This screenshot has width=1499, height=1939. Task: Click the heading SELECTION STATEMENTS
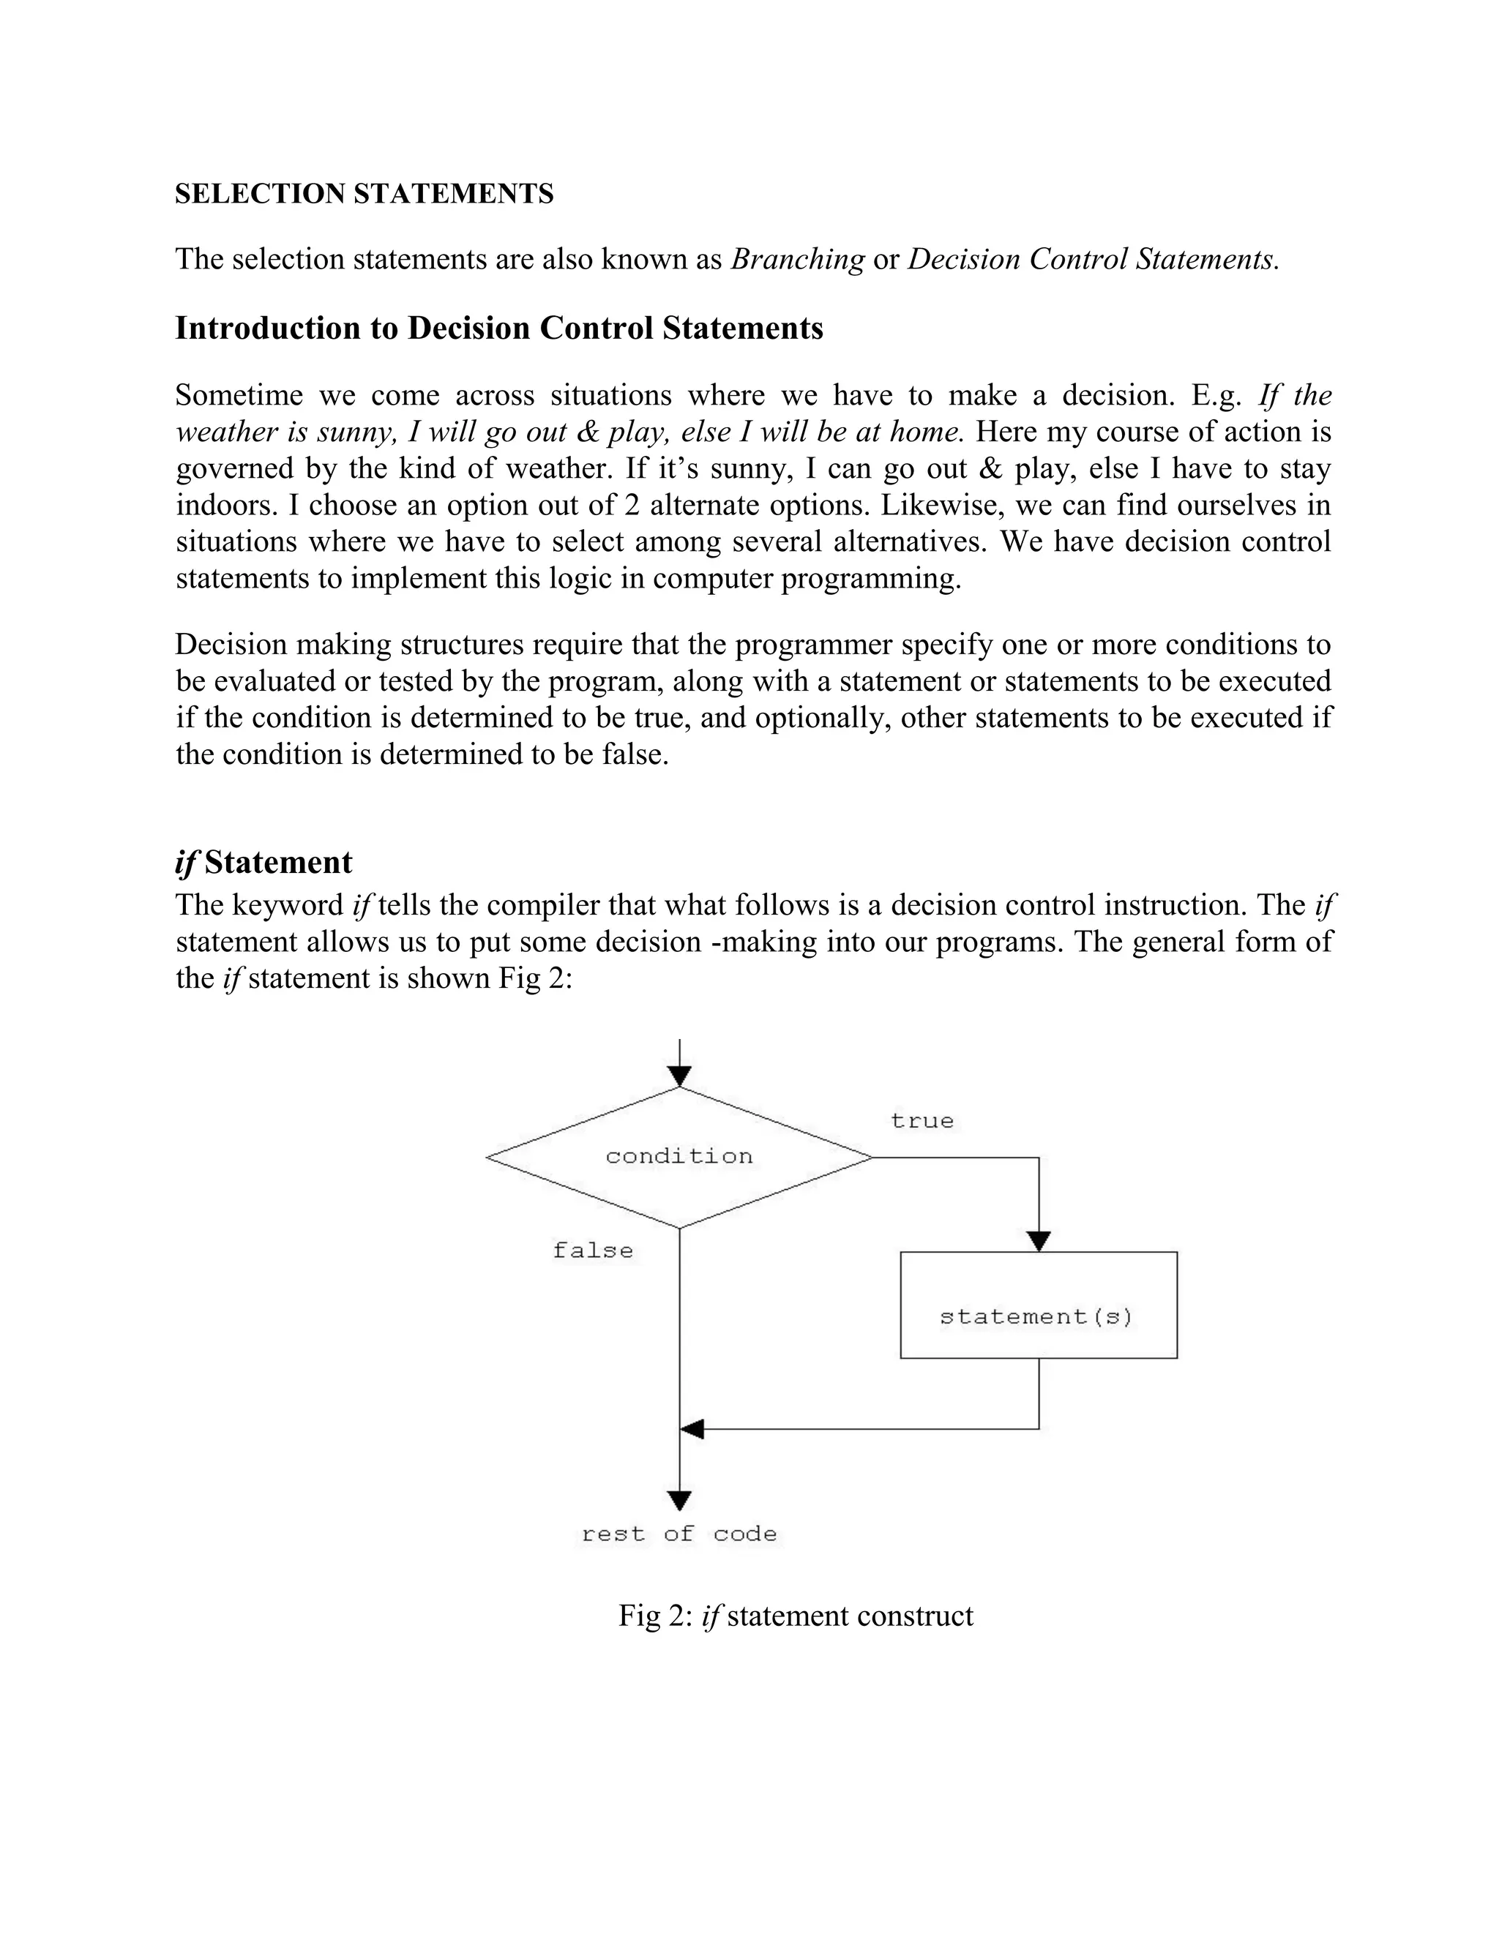tap(364, 194)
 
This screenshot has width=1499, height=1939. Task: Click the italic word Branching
tap(796, 259)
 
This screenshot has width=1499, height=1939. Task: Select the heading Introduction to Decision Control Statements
tap(498, 329)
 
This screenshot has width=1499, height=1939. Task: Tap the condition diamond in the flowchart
tap(679, 1157)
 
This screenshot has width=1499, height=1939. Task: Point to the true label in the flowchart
tap(922, 1121)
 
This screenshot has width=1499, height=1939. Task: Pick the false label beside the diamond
tap(592, 1251)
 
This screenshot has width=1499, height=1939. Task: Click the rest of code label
tap(679, 1534)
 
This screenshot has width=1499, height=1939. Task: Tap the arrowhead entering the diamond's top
tap(679, 1077)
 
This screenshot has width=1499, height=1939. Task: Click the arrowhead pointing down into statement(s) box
tap(1038, 1241)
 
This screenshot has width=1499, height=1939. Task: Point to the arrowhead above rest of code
tap(679, 1501)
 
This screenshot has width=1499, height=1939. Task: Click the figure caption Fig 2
tap(795, 1616)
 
